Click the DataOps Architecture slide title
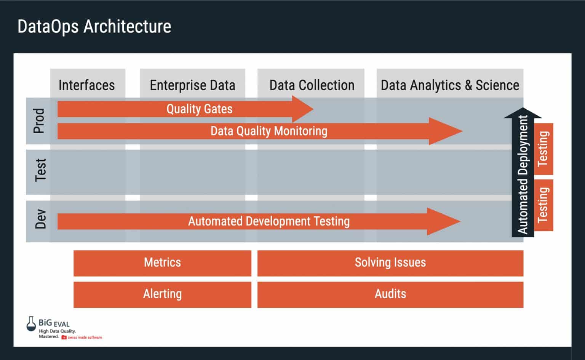pos(94,27)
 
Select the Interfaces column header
pos(87,85)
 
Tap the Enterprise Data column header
pos(192,85)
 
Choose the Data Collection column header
pos(312,85)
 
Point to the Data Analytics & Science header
pos(450,85)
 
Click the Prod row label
pos(39,121)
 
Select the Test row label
pos(40,170)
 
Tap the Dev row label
pos(40,219)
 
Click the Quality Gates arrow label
pos(199,109)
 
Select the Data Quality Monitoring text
pos(269,131)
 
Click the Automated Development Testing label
pos(269,221)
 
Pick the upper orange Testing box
pos(543,149)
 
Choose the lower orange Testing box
pos(543,205)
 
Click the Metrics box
pos(162,263)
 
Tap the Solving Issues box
pos(390,263)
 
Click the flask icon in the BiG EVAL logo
pos(31,324)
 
